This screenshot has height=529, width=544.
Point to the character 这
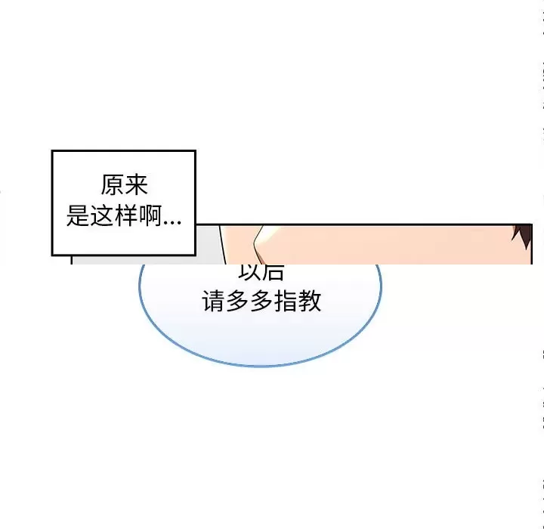(x=101, y=218)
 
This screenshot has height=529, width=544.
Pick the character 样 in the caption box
(x=125, y=218)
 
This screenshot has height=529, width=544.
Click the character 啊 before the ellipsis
(x=150, y=218)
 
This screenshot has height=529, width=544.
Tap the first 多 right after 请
(x=237, y=302)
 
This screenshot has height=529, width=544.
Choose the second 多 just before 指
(x=261, y=302)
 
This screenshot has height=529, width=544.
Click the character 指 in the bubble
(x=286, y=302)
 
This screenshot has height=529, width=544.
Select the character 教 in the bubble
(x=310, y=302)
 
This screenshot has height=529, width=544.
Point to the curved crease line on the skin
(x=257, y=242)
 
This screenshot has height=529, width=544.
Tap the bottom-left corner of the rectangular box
(x=52, y=255)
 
